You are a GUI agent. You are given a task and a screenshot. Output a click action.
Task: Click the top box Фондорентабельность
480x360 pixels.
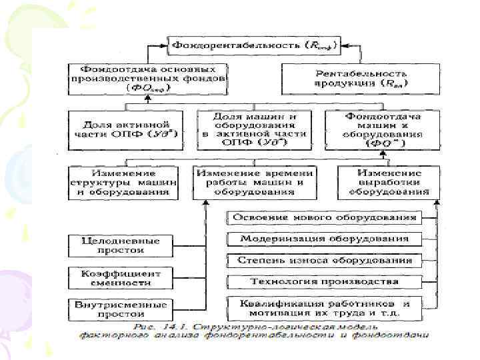click(x=254, y=45)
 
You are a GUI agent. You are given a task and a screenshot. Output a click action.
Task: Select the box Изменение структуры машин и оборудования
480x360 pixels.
click(x=123, y=181)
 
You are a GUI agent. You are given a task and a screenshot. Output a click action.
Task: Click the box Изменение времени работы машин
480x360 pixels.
click(x=254, y=181)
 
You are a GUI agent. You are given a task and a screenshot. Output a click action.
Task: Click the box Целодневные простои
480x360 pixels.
click(x=117, y=245)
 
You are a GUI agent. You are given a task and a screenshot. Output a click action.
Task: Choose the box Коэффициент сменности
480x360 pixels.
click(x=117, y=278)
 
